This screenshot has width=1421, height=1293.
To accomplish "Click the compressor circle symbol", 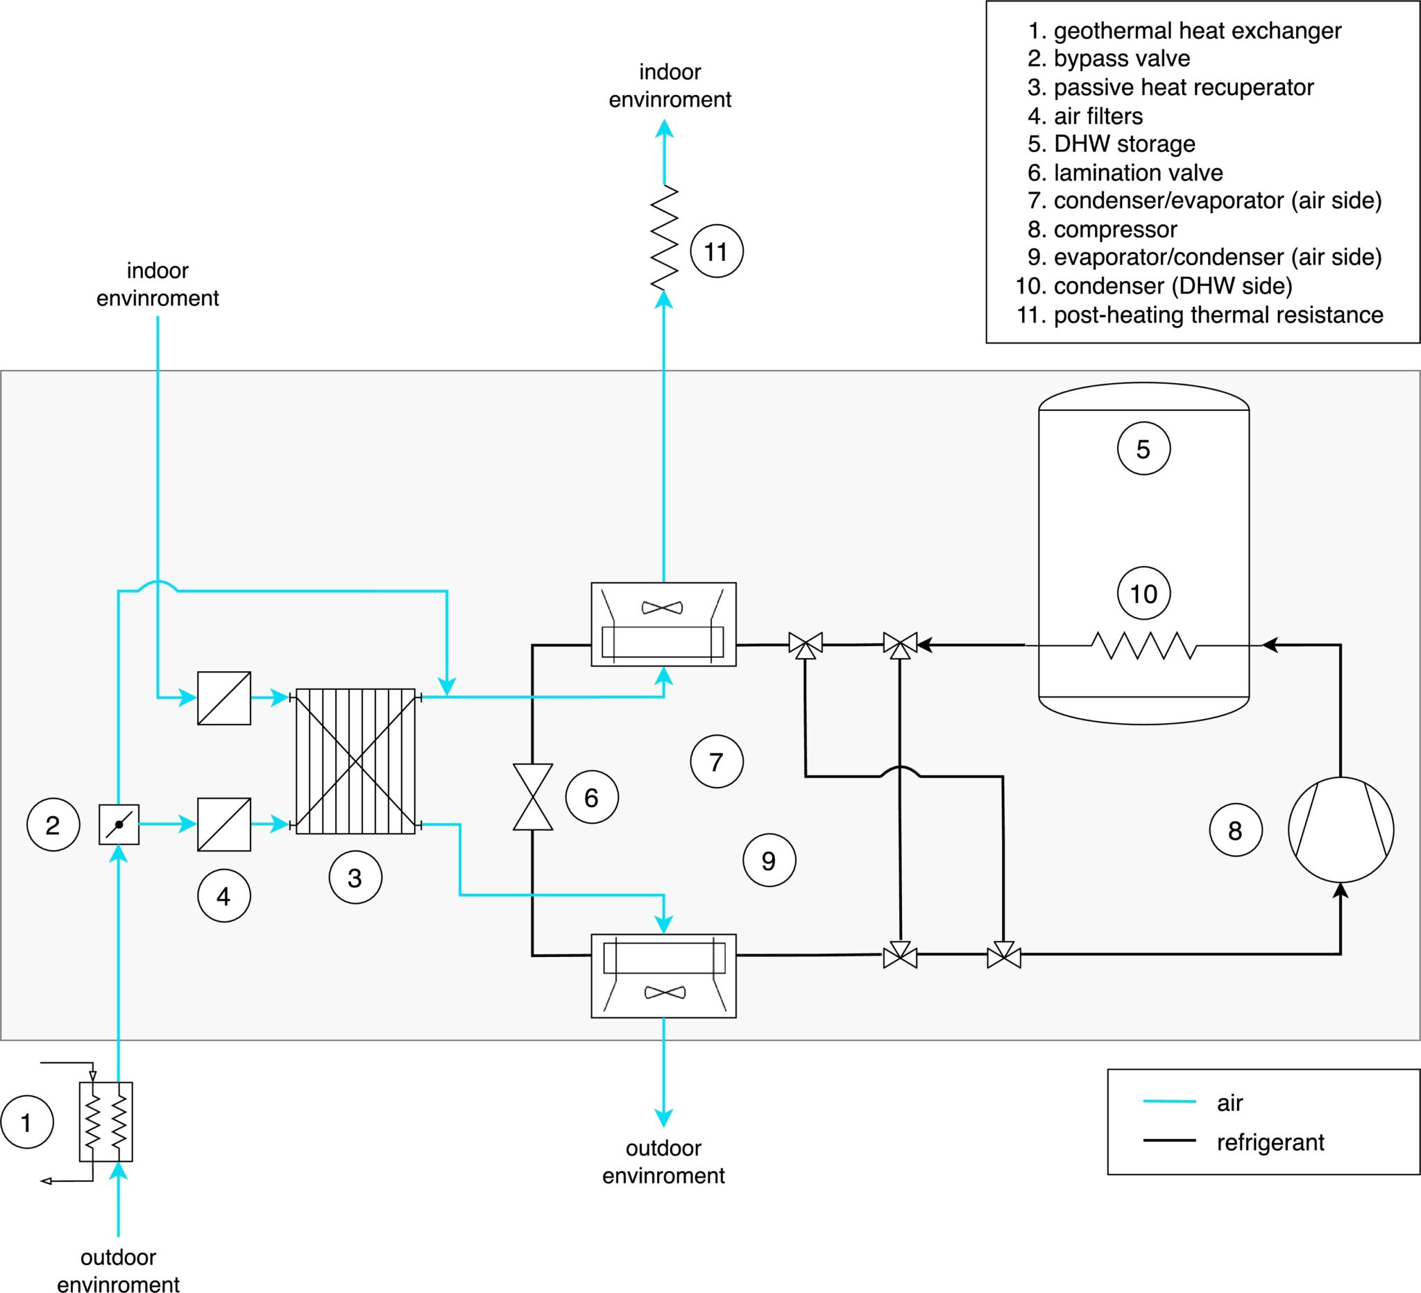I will click(1341, 830).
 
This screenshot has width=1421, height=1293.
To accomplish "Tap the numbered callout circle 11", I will click(716, 251).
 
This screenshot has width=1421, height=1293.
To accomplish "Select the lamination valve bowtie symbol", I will click(532, 797).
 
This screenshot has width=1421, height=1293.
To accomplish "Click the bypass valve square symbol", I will click(119, 824).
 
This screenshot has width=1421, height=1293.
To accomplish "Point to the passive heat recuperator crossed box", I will click(355, 761).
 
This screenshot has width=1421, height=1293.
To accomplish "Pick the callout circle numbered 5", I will click(1143, 448).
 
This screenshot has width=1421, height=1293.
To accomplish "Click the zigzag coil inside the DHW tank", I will click(1143, 645).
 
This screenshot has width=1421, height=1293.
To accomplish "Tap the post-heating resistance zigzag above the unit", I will click(664, 237).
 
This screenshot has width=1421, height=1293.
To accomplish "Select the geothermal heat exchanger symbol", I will click(105, 1122).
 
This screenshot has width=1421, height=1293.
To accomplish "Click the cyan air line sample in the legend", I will click(1168, 1101).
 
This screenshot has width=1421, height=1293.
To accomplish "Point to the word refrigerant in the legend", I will click(1270, 1142).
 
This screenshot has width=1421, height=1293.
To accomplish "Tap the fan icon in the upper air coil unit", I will click(663, 607).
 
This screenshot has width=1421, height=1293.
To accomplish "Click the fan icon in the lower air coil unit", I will click(664, 992).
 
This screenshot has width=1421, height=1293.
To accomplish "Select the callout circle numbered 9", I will click(769, 860).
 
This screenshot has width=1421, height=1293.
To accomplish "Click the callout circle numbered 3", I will click(355, 878).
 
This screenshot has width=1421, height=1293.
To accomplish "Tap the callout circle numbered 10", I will click(1143, 593).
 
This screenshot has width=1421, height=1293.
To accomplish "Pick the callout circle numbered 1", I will click(27, 1122).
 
